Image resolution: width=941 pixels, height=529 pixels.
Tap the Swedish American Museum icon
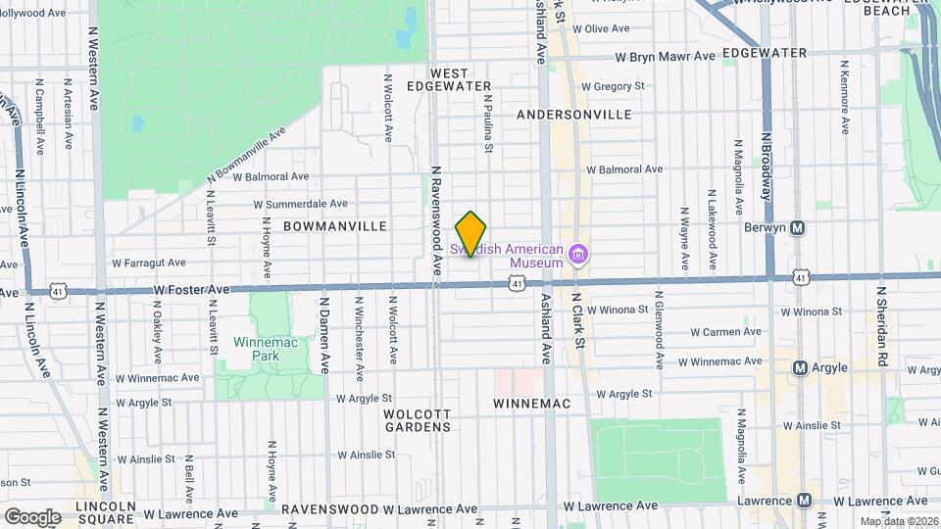[578, 256]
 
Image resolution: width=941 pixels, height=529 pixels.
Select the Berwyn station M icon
[798, 228]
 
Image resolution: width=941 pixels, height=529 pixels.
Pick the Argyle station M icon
[800, 368]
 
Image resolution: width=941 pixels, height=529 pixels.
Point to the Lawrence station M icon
[805, 501]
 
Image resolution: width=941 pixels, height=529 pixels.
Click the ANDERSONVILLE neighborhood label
[573, 115]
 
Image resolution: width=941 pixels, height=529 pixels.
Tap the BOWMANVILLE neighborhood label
[334, 226]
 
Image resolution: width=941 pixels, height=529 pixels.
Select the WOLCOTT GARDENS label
[417, 420]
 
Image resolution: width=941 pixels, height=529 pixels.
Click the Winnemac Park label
[257, 349]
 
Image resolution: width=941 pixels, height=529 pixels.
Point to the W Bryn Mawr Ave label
[666, 57]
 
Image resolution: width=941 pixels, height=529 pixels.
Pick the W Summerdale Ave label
[300, 204]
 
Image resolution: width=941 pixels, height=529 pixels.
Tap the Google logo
[32, 516]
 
